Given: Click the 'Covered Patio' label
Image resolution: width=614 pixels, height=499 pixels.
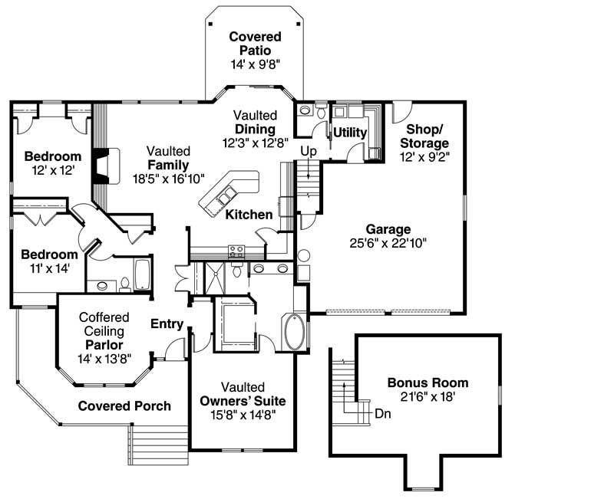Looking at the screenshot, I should [255, 44].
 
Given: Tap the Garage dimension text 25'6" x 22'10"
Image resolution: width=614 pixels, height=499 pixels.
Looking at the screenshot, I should [388, 242].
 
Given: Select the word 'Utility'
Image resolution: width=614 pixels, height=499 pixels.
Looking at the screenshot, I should [349, 133].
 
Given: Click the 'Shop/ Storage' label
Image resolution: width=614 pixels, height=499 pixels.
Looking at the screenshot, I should [427, 136].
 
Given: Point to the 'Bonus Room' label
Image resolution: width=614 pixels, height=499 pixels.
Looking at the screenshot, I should [427, 382].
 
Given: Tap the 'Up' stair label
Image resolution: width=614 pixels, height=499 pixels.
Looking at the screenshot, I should [309, 150].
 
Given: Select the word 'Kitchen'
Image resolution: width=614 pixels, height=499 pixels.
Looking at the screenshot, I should [249, 215].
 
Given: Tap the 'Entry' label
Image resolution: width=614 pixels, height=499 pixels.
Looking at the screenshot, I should [167, 324].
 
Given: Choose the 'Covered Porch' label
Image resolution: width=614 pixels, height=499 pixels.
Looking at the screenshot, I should [124, 405].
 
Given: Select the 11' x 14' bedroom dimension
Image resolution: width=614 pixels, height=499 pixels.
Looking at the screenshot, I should [49, 269].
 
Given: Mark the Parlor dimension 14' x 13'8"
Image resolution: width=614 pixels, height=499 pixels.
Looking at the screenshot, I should [104, 358].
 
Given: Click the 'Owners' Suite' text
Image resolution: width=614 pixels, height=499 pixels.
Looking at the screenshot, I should [243, 401].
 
